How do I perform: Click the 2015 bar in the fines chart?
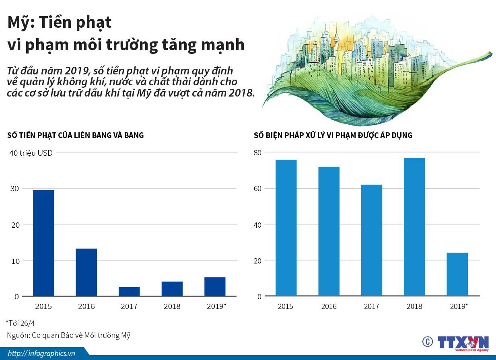click(x=43, y=243)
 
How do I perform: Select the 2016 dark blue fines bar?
click(x=86, y=272)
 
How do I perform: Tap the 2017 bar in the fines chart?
click(x=129, y=291)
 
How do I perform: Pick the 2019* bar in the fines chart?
click(x=215, y=286)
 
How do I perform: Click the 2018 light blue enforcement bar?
click(x=414, y=227)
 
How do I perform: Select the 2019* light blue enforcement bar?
click(x=457, y=274)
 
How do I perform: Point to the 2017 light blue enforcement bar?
click(x=372, y=240)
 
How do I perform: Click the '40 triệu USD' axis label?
click(x=31, y=153)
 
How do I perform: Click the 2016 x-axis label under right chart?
click(x=329, y=307)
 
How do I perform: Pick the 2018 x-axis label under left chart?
click(x=172, y=307)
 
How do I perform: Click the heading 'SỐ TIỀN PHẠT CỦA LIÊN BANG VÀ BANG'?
click(x=75, y=135)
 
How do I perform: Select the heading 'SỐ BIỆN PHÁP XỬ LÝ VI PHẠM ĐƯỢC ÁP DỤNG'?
click(x=333, y=135)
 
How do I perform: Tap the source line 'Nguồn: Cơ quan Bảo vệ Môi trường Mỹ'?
click(x=68, y=335)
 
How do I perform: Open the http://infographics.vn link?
click(x=41, y=353)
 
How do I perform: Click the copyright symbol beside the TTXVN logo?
click(x=427, y=341)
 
